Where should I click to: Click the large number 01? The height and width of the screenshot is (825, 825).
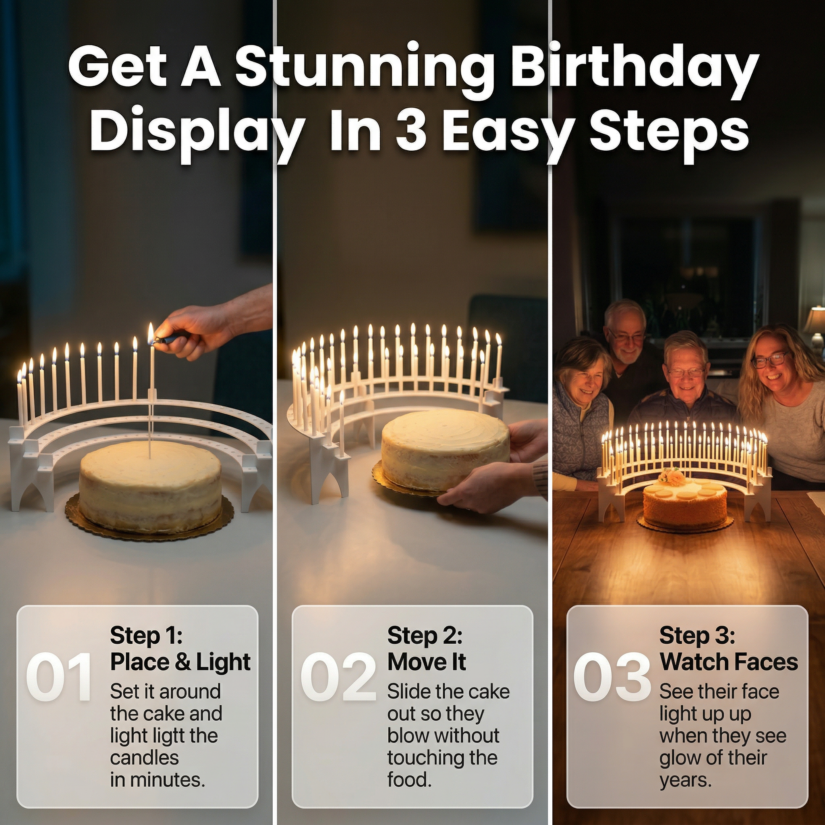tap(59, 677)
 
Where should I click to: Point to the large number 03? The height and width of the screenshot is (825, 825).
tap(612, 677)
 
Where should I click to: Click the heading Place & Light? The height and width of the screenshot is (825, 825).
tap(180, 662)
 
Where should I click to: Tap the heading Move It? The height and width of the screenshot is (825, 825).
tap(427, 662)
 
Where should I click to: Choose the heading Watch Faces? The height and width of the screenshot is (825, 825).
tap(728, 662)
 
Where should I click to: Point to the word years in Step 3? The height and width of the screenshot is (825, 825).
tap(685, 781)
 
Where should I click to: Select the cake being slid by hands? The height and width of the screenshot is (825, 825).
tap(446, 450)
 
